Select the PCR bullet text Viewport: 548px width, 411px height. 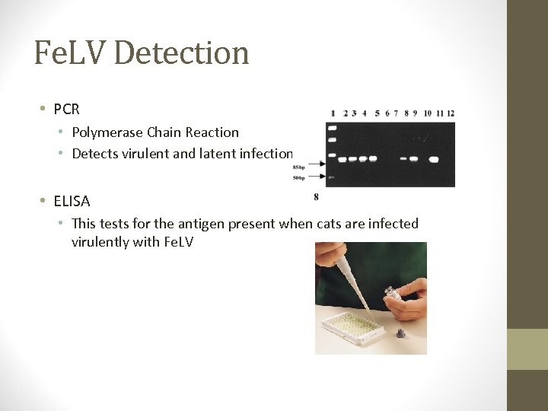pyautogui.click(x=67, y=109)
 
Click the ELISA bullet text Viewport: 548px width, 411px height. pyautogui.click(x=72, y=201)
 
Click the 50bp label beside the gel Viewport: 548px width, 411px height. pyautogui.click(x=299, y=177)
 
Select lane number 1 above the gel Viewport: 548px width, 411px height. pyautogui.click(x=333, y=113)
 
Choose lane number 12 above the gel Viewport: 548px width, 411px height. pyautogui.click(x=451, y=113)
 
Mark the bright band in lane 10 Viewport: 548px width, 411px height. pyautogui.click(x=434, y=160)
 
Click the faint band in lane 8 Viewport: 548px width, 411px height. pyautogui.click(x=403, y=159)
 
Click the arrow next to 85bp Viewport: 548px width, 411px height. pyautogui.click(x=316, y=164)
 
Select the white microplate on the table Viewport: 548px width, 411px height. pyautogui.click(x=351, y=327)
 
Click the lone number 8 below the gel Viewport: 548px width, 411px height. pyautogui.click(x=316, y=197)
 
